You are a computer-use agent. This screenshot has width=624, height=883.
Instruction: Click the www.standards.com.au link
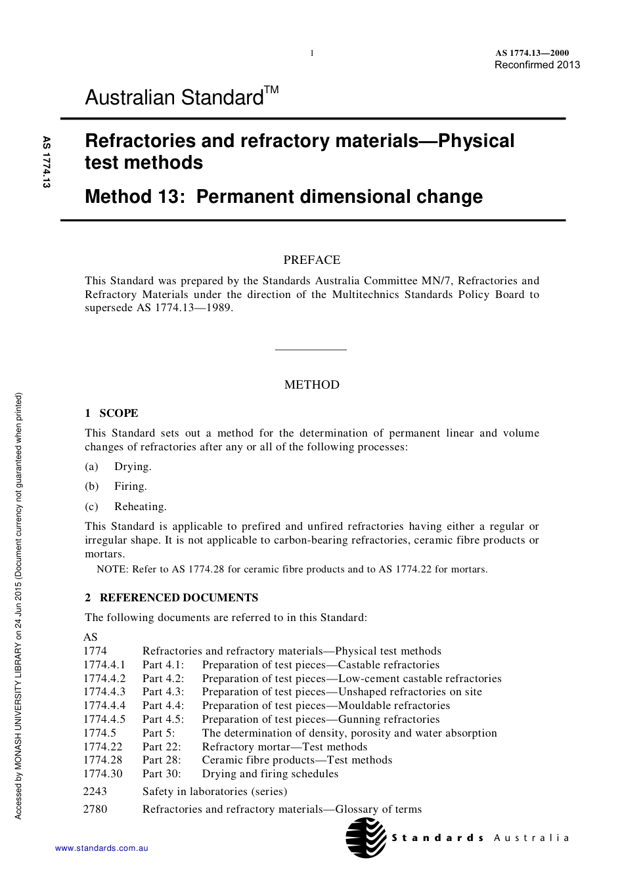pos(101,848)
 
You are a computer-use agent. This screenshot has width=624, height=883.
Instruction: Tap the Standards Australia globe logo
pos(366,838)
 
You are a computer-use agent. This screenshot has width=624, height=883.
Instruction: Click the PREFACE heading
pos(311,260)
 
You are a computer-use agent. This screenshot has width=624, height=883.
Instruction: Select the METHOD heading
pos(311,385)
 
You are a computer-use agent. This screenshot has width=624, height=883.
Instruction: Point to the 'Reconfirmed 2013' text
pos(537,64)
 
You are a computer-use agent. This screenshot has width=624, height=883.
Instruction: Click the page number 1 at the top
pos(312,53)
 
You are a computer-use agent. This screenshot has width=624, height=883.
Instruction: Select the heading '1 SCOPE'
pos(112,413)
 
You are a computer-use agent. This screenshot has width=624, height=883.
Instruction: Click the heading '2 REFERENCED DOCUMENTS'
pos(171,597)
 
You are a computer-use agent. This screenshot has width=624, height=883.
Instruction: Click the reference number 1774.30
pos(103,774)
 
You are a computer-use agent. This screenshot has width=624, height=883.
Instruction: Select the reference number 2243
pos(95,792)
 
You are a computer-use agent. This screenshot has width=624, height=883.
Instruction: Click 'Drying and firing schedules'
pos(270,774)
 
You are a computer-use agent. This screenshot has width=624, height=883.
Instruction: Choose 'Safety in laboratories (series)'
pos(215,792)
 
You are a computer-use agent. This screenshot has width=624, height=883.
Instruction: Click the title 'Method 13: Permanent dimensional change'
pos(284,196)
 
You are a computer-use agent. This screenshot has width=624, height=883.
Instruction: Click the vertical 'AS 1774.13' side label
pos(47,162)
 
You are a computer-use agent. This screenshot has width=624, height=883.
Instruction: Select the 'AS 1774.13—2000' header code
pos(532,53)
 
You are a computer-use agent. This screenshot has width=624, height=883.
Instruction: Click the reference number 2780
pos(95,809)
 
